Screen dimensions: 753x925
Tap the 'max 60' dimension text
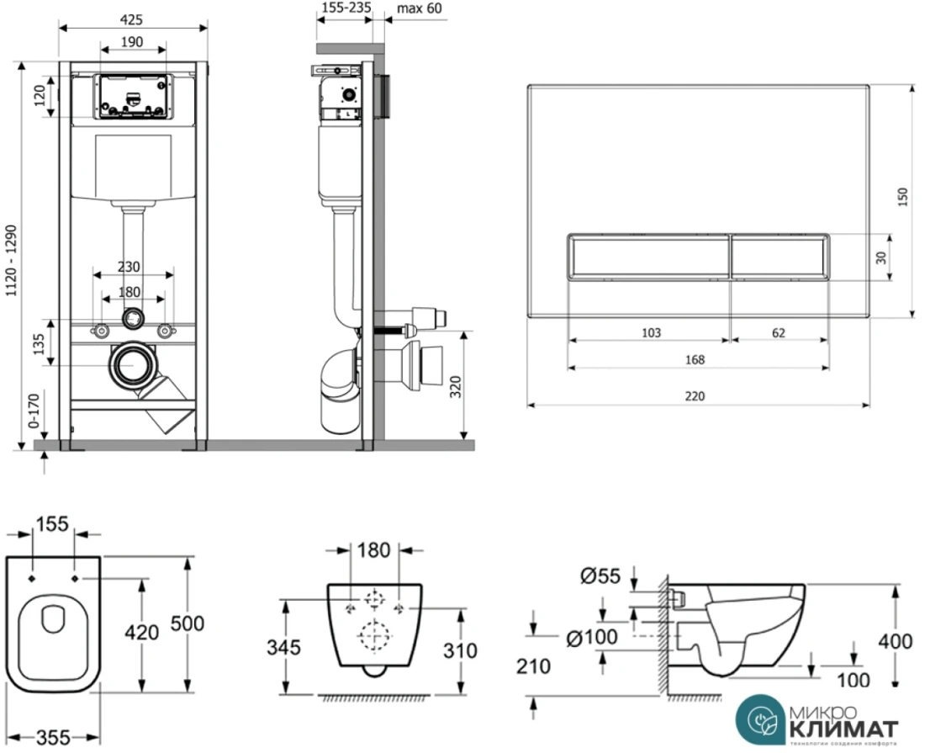tap(418, 9)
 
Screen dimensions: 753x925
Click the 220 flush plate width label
tap(693, 395)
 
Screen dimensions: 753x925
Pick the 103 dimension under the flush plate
tap(651, 332)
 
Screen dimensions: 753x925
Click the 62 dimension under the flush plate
tap(778, 332)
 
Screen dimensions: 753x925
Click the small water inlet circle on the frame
tap(132, 319)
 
